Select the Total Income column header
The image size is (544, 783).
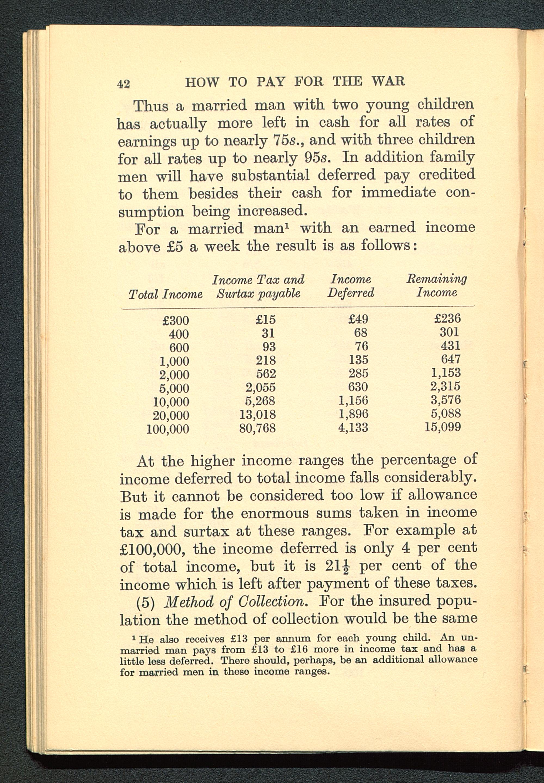point(165,294)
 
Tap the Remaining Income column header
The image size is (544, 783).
point(437,286)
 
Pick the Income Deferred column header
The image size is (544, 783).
point(351,286)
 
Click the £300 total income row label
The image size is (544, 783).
point(175,321)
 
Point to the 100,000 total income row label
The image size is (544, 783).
point(168,429)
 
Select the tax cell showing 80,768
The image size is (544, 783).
point(257,428)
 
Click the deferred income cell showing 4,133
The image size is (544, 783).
point(353,427)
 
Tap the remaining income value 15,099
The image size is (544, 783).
point(443,427)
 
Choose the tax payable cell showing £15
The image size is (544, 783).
point(265,320)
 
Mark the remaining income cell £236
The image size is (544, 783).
point(447,319)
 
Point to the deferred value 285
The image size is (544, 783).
point(358,373)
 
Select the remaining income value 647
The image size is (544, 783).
point(451,359)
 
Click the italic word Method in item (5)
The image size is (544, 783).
point(188,601)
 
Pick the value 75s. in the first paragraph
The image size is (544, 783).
point(284,140)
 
